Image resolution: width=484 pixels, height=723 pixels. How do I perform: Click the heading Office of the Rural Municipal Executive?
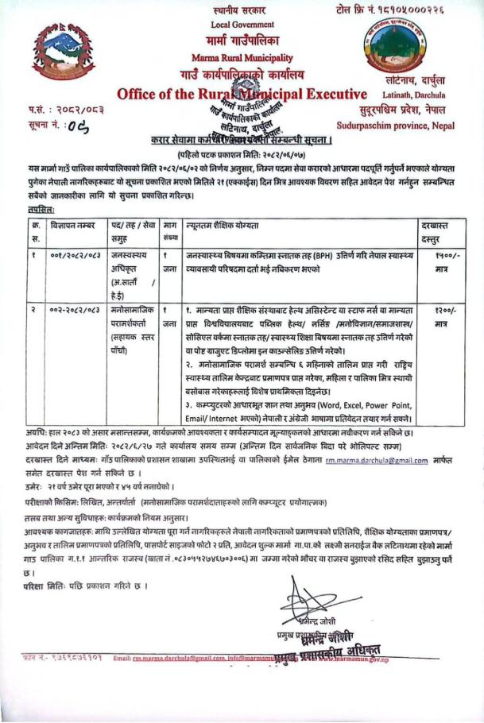[242, 93]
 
